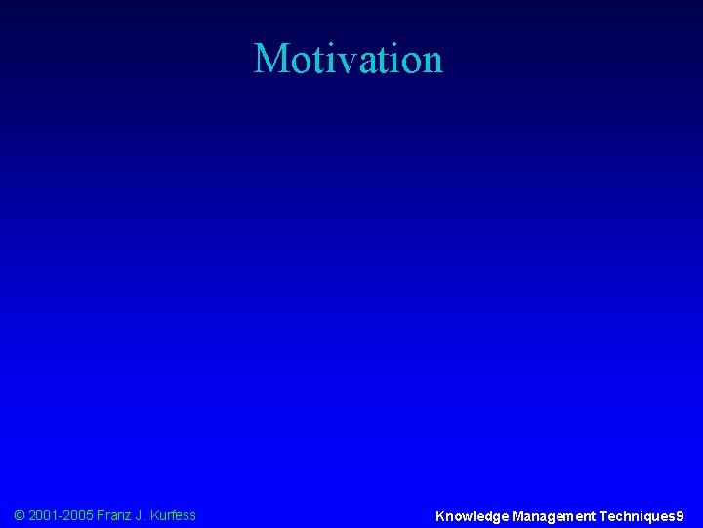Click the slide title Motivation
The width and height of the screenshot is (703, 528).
pyautogui.click(x=349, y=59)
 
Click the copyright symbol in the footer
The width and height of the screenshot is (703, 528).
pyautogui.click(x=21, y=515)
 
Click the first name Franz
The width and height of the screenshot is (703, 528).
pyautogui.click(x=117, y=515)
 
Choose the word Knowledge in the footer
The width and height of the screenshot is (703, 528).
pyautogui.click(x=472, y=515)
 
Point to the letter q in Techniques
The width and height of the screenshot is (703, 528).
pyautogui.click(x=649, y=517)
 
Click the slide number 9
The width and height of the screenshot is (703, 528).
pyautogui.click(x=680, y=515)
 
